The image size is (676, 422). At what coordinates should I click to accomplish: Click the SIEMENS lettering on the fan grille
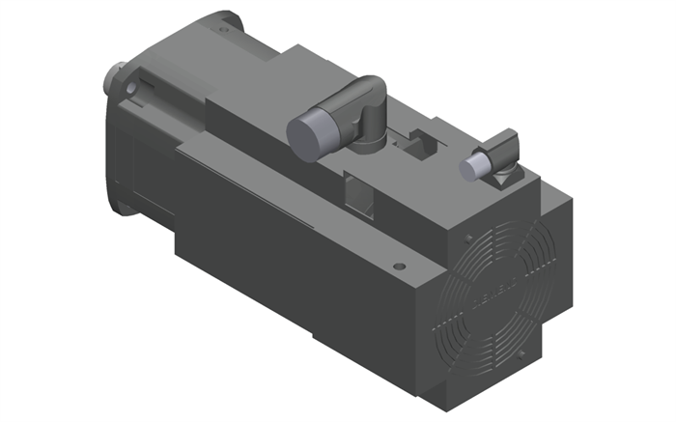[493, 291]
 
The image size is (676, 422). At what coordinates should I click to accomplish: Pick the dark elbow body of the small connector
[503, 150]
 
